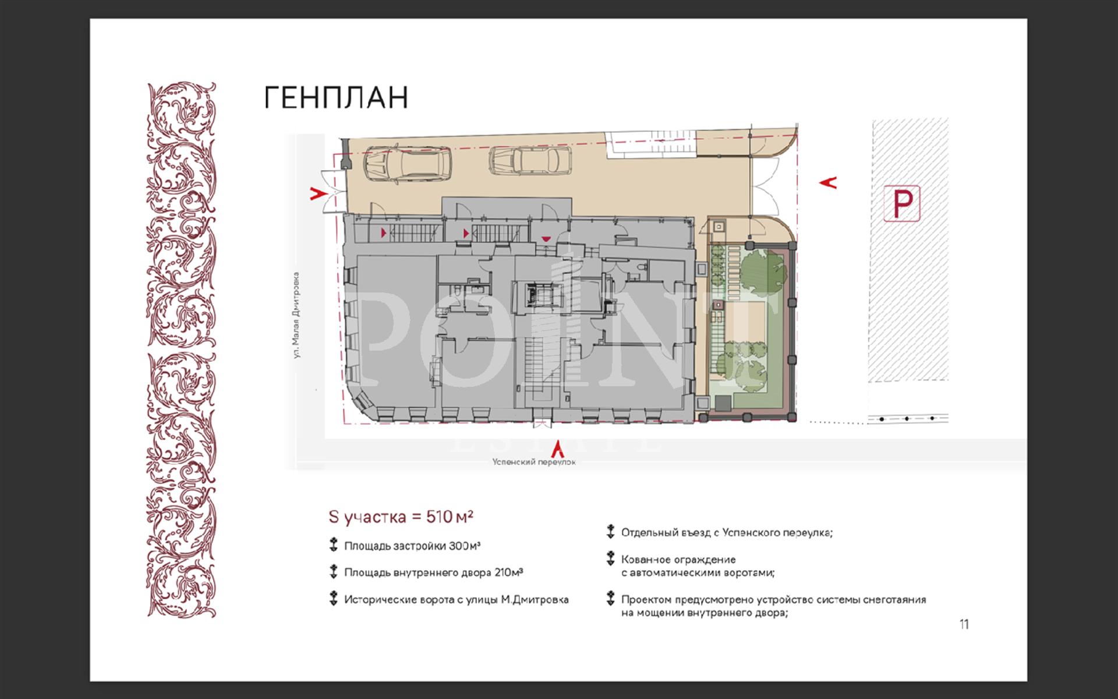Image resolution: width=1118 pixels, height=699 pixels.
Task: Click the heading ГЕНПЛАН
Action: pyautogui.click(x=337, y=98)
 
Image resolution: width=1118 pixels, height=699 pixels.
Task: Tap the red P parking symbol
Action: pyautogui.click(x=902, y=203)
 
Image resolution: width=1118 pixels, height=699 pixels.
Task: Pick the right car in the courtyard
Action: pyautogui.click(x=530, y=160)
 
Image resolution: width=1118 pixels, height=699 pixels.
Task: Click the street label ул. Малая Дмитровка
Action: pyautogui.click(x=298, y=315)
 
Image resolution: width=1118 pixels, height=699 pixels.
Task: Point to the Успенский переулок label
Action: pyautogui.click(x=534, y=462)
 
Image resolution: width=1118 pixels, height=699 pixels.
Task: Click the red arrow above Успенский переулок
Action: pyautogui.click(x=558, y=447)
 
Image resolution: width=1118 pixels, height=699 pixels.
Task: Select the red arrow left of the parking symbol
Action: pyautogui.click(x=828, y=182)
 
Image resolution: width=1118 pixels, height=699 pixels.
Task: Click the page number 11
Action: pyautogui.click(x=964, y=624)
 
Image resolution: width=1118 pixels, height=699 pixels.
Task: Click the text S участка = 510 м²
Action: pyautogui.click(x=401, y=517)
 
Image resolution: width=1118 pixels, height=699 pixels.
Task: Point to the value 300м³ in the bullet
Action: pyautogui.click(x=464, y=546)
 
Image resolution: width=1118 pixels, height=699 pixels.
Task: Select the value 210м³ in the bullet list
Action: pyautogui.click(x=508, y=573)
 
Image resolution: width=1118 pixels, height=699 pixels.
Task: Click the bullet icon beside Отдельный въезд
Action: pyautogui.click(x=610, y=532)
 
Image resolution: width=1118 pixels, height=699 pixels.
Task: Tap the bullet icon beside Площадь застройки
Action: pyautogui.click(x=333, y=546)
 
